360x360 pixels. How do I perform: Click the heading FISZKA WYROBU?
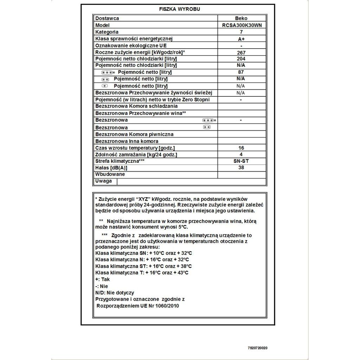(179, 9)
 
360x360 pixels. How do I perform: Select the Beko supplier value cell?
(241, 18)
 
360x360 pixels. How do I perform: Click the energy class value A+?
(241, 39)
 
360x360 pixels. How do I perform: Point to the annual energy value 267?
(241, 52)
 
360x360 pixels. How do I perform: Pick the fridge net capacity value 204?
(241, 59)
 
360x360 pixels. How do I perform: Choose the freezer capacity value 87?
(241, 72)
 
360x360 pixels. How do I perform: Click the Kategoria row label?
(107, 32)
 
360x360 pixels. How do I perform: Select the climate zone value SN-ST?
(241, 161)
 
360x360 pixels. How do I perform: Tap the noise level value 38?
(241, 168)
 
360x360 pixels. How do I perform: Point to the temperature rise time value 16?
(241, 148)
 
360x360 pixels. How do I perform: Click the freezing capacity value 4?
(241, 155)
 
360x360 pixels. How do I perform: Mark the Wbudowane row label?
(110, 174)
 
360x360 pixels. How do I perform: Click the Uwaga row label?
(104, 181)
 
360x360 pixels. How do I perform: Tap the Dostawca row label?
(107, 18)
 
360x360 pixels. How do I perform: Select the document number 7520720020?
(257, 348)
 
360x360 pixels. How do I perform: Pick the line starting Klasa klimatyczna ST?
(143, 266)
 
